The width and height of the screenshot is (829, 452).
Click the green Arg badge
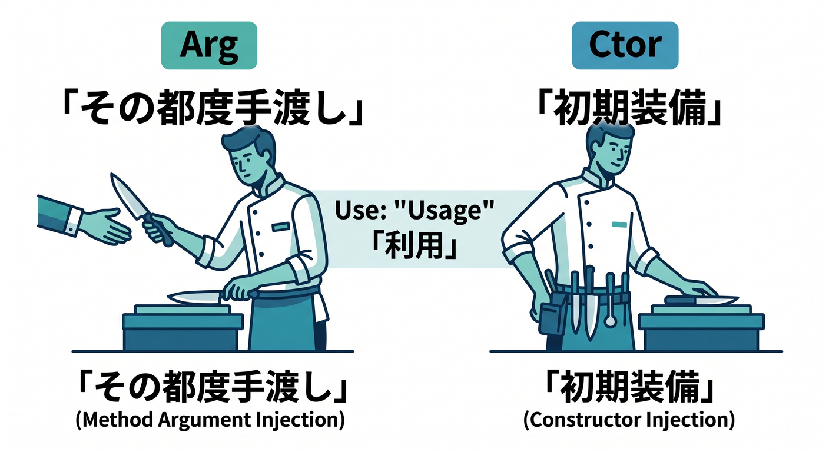pos(209,45)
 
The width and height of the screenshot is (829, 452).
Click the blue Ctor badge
pos(625,45)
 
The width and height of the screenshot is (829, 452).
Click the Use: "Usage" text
pos(414,210)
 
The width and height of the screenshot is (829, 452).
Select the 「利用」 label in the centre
pos(414,245)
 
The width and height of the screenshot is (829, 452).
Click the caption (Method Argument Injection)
pos(210,420)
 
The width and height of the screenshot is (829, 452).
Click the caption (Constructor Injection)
pos(629,420)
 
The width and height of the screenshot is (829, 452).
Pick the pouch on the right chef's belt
pos(552,314)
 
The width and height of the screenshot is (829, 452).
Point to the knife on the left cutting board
pos(207,296)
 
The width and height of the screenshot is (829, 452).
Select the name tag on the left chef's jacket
pos(281,227)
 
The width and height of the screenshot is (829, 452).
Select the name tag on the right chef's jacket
pos(619,224)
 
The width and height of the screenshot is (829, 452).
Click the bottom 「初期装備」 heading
pos(628,387)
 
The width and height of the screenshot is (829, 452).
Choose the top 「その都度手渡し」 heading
pos(213,108)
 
